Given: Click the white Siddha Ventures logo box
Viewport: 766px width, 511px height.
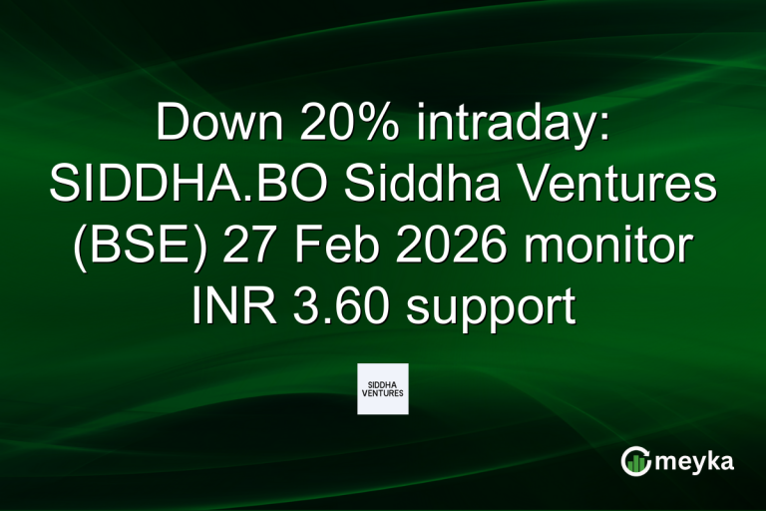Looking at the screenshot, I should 383,388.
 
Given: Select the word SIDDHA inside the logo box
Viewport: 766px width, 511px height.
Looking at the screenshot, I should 383,382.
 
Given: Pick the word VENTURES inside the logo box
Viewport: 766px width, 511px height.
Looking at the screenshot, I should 383,395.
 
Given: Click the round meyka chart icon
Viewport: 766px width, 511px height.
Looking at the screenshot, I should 635,462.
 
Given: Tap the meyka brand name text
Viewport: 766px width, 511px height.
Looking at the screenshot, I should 697,462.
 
